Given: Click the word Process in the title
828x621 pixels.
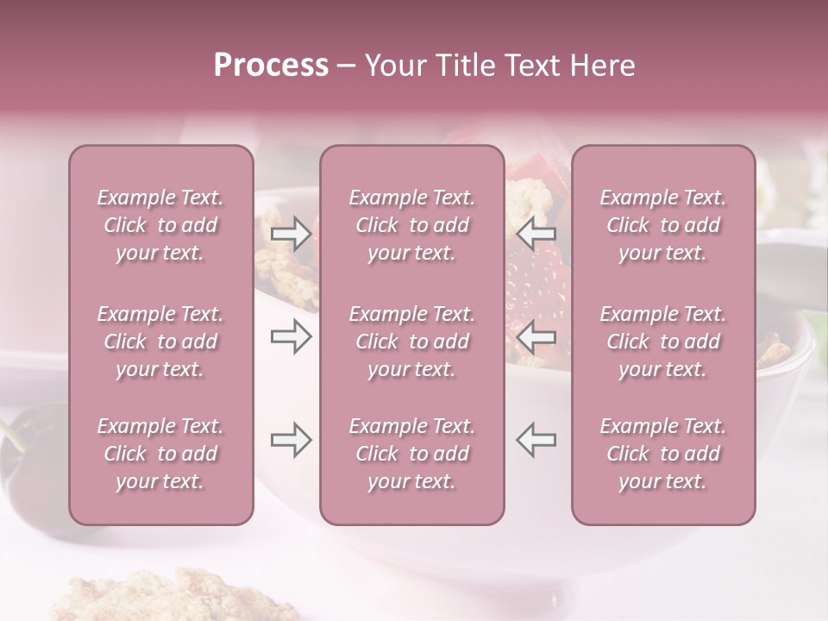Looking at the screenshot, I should (271, 66).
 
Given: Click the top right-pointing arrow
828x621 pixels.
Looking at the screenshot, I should (291, 233).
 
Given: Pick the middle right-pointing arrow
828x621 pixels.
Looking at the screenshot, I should (291, 336).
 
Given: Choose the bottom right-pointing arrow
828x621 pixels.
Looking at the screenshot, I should (291, 440).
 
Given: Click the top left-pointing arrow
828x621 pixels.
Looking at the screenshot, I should (536, 233).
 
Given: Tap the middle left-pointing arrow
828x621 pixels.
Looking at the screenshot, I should (536, 336).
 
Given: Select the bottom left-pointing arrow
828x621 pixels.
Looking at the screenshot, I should (536, 440).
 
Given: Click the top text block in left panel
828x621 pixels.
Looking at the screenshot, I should (160, 225).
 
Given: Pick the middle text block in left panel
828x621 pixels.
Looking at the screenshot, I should (160, 342).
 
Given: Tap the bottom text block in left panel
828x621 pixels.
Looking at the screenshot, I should (160, 454).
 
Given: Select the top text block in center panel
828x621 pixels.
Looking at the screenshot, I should (411, 225).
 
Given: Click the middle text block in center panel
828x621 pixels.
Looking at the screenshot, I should (411, 342).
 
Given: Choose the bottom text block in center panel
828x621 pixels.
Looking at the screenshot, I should (411, 454).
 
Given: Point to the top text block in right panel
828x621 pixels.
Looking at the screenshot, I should (663, 225).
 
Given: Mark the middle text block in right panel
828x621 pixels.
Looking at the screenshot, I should (663, 342).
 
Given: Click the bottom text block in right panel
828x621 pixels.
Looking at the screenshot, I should (663, 454).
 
